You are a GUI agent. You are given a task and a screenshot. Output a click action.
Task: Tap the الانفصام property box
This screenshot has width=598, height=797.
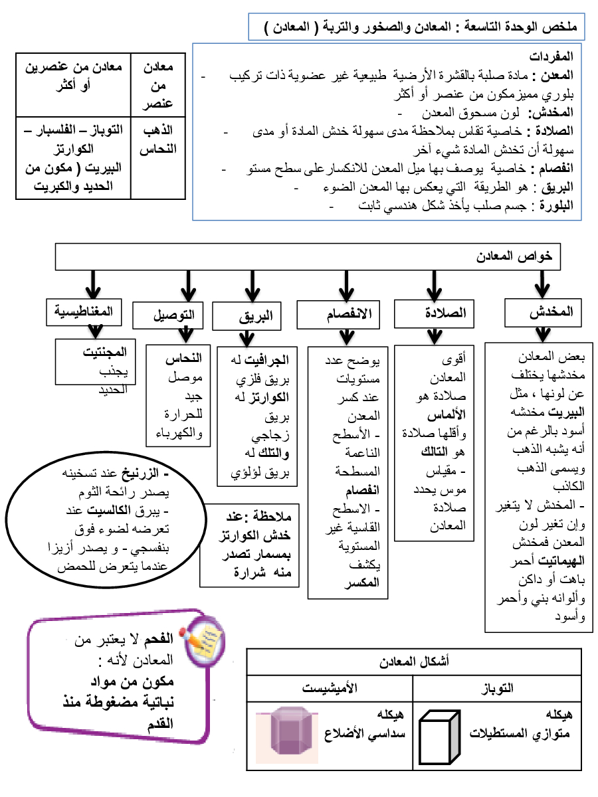[338, 313]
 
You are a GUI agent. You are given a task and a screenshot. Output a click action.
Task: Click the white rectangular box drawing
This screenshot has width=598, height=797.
[442, 737]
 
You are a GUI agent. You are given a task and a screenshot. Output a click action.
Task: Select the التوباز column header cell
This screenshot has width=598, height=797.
[497, 688]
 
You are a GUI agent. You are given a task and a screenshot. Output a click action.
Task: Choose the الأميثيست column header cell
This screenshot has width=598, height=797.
[330, 688]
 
